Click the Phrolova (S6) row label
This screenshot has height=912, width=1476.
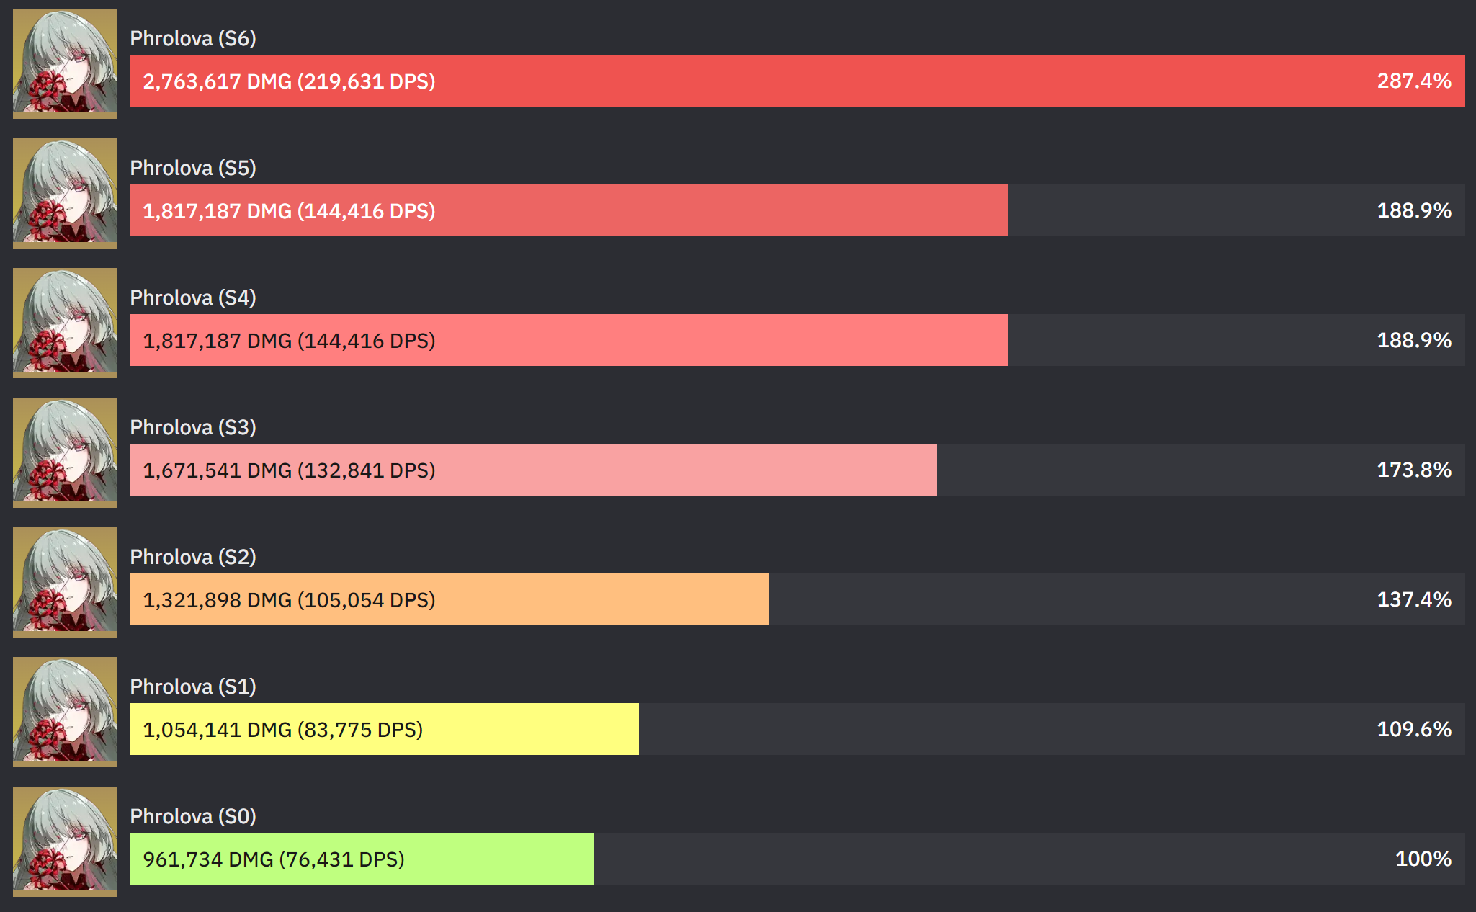193,38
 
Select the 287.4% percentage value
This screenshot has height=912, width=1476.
1413,81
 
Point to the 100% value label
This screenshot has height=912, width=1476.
1423,859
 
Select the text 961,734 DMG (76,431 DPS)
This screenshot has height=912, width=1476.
274,859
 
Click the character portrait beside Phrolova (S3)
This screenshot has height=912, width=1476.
65,452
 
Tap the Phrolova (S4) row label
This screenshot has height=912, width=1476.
193,298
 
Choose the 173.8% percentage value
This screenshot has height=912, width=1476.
1413,470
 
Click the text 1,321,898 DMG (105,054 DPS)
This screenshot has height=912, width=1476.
289,600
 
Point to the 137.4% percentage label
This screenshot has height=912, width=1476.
1413,599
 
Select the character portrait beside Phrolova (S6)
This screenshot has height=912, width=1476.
65,63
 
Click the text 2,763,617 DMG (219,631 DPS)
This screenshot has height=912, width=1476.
289,81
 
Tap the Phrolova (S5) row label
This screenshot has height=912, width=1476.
193,168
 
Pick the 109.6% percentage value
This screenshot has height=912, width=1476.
1413,729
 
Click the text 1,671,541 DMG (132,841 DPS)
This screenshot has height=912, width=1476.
289,470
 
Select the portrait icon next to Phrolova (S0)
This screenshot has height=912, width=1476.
65,841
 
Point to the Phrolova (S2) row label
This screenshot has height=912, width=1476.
193,557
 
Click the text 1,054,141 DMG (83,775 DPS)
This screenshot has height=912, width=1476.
282,730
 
